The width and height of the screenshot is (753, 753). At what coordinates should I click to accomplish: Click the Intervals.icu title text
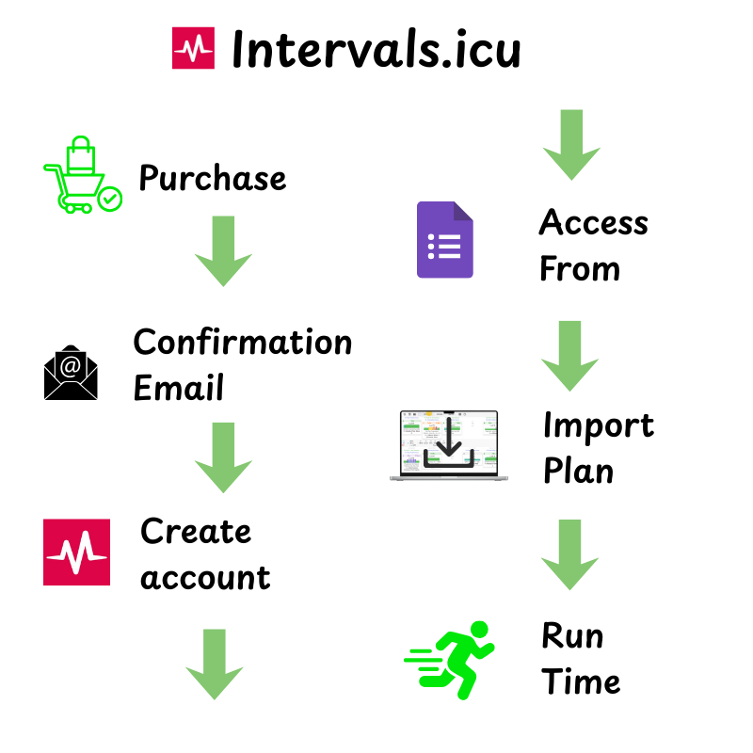pyautogui.click(x=376, y=49)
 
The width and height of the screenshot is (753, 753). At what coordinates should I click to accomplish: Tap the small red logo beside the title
pyautogui.click(x=193, y=49)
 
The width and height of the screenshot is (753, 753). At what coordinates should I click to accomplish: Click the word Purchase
pyautogui.click(x=213, y=177)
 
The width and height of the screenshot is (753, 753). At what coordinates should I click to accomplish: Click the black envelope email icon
pyautogui.click(x=71, y=373)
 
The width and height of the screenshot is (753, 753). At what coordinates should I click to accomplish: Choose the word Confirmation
pyautogui.click(x=243, y=342)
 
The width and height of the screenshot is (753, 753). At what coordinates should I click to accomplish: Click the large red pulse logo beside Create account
pyautogui.click(x=76, y=553)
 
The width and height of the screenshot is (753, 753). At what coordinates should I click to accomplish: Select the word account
pyautogui.click(x=205, y=576)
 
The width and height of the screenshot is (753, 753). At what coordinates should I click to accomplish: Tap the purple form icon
pyautogui.click(x=444, y=240)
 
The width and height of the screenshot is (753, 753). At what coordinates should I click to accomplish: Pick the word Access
pyautogui.click(x=594, y=223)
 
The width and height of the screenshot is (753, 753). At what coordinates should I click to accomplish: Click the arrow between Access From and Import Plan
pyautogui.click(x=570, y=356)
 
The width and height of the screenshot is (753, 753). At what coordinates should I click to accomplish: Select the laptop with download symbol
pyautogui.click(x=448, y=446)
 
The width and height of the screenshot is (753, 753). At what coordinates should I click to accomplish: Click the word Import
pyautogui.click(x=598, y=425)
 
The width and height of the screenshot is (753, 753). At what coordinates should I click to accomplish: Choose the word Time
pyautogui.click(x=581, y=681)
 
